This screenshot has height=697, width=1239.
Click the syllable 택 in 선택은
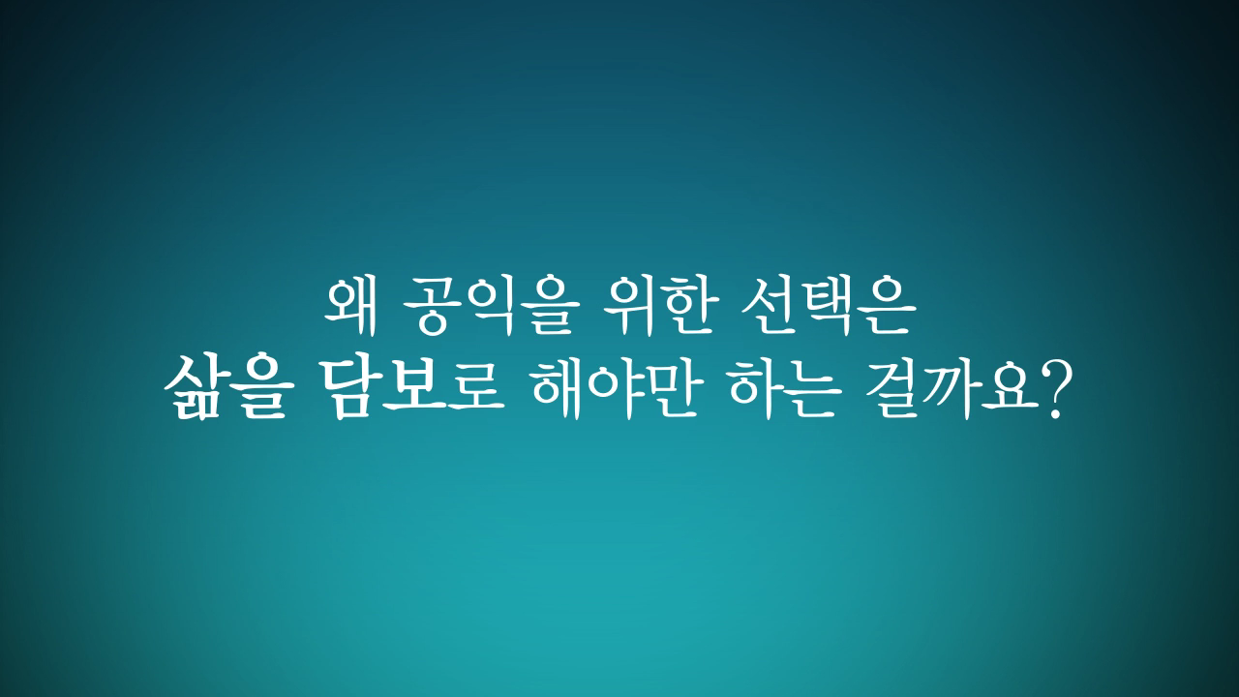(x=841, y=305)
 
